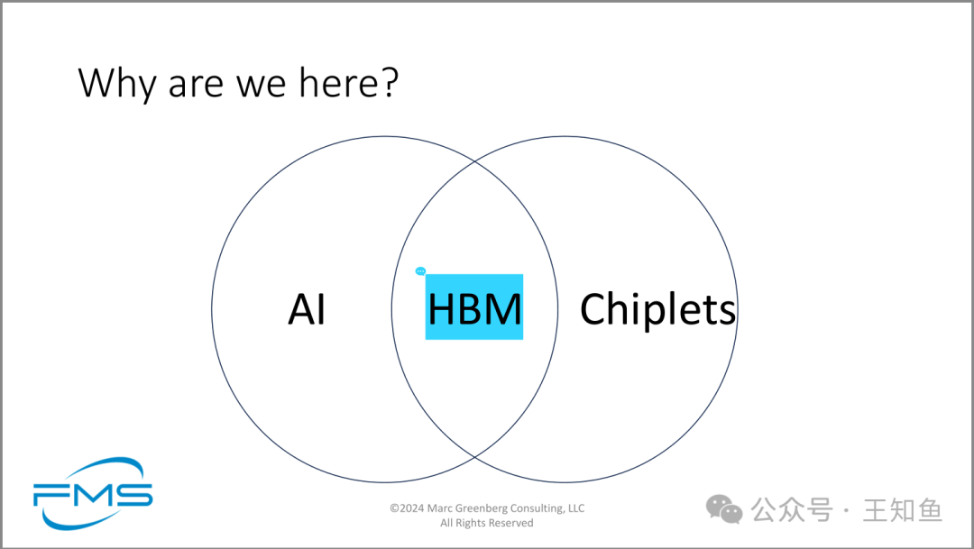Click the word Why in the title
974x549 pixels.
click(x=116, y=83)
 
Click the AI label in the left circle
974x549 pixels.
click(x=307, y=308)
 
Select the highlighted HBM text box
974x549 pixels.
click(x=474, y=307)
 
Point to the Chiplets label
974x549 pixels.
click(x=657, y=309)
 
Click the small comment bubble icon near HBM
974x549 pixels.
click(x=420, y=271)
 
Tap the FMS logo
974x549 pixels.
click(x=93, y=494)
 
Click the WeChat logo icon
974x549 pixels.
click(x=724, y=509)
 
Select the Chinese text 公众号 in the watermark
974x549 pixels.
click(x=792, y=510)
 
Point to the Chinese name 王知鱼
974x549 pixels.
click(x=903, y=510)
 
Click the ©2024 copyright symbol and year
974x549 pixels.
click(x=407, y=508)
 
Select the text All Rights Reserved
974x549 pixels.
click(x=487, y=523)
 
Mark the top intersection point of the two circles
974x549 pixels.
click(x=474, y=160)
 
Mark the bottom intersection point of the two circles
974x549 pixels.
click(x=474, y=457)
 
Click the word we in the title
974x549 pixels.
click(x=263, y=86)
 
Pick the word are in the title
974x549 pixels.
click(x=196, y=86)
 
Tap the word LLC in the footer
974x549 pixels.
click(x=576, y=508)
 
